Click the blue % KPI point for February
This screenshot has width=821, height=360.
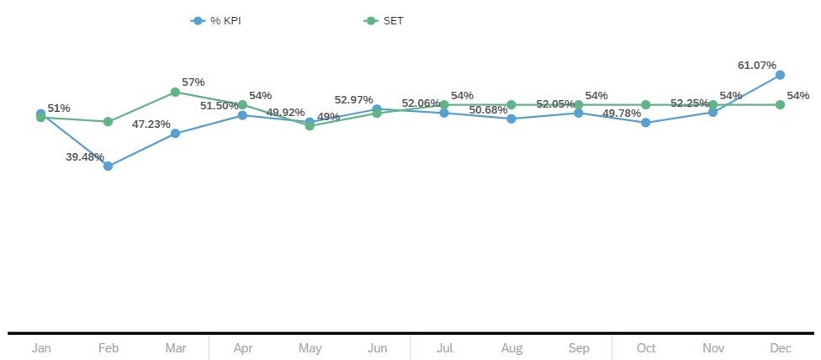(108, 166)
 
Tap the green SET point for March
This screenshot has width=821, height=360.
(175, 92)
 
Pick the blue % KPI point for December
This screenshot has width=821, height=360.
(780, 75)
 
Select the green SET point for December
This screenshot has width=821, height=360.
(780, 104)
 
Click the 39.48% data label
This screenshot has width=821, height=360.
(83, 156)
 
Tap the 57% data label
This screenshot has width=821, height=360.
(193, 82)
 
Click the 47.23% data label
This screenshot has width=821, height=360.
(151, 124)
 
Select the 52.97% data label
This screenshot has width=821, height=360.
(353, 99)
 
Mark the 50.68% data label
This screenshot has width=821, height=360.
(489, 110)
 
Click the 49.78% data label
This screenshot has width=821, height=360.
(622, 114)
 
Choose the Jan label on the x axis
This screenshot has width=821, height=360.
(41, 347)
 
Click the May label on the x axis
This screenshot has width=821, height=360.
(310, 347)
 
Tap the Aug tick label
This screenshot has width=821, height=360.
(511, 347)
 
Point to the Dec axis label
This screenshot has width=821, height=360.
(780, 347)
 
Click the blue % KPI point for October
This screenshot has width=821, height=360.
(645, 122)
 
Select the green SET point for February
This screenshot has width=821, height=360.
(108, 121)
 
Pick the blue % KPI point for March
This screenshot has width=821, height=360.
(175, 133)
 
